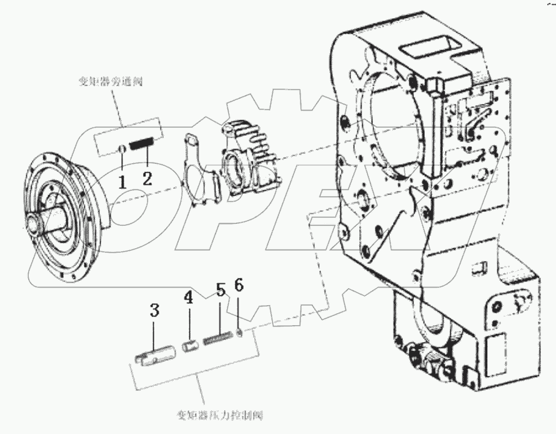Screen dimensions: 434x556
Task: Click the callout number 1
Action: [123, 182]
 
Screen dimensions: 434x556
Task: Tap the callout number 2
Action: [147, 178]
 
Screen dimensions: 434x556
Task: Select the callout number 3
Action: [155, 311]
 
